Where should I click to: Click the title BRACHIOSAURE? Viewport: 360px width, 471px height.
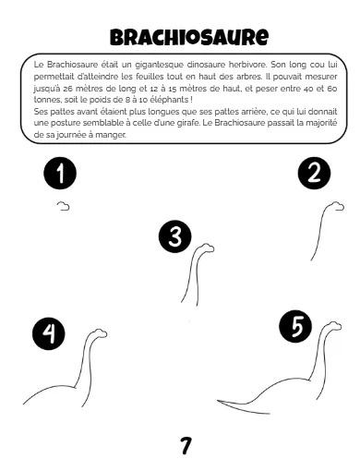pyautogui.click(x=189, y=38)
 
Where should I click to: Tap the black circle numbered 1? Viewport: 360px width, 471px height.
pyautogui.click(x=60, y=173)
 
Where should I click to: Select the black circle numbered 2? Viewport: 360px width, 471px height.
pyautogui.click(x=314, y=173)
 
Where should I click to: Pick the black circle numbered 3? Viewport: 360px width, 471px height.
pyautogui.click(x=175, y=236)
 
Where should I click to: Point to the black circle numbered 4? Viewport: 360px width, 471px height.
pyautogui.click(x=49, y=333)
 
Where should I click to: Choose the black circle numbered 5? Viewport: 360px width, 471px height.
pyautogui.click(x=295, y=326)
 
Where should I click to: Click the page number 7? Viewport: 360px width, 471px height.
pyautogui.click(x=186, y=445)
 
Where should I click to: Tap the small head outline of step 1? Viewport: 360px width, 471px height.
pyautogui.click(x=63, y=206)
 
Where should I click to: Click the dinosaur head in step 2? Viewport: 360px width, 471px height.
pyautogui.click(x=336, y=206)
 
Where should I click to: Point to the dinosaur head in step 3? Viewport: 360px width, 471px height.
pyautogui.click(x=206, y=248)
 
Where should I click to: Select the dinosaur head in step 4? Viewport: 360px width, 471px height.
pyautogui.click(x=99, y=333)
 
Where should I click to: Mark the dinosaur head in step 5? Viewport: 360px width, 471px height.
pyautogui.click(x=333, y=326)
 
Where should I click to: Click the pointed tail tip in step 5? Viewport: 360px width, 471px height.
pyautogui.click(x=218, y=401)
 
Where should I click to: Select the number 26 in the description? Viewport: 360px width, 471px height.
pyautogui.click(x=67, y=89)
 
